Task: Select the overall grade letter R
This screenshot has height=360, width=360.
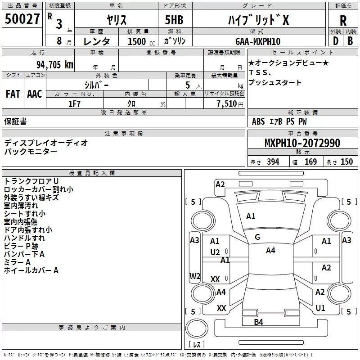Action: tap(343, 20)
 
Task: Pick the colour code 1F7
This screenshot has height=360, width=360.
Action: tap(74, 103)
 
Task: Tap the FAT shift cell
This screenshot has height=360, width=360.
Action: tap(13, 94)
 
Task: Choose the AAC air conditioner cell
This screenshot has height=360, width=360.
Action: tap(35, 94)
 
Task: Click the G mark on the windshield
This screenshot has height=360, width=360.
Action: tap(257, 237)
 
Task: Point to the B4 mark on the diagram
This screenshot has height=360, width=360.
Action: tap(258, 322)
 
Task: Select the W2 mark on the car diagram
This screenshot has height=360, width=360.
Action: tap(195, 276)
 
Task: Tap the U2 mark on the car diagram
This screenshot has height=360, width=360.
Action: tap(215, 252)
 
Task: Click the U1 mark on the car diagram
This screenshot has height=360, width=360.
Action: tap(320, 308)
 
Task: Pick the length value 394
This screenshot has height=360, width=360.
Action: tap(273, 162)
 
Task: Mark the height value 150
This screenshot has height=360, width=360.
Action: tap(346, 162)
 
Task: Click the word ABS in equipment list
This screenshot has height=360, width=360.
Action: tap(258, 121)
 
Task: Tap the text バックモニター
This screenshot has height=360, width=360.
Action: tap(31, 151)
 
